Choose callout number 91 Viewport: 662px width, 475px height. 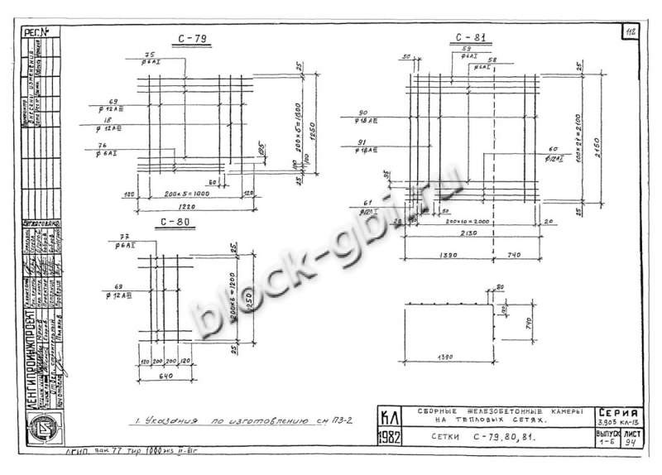(x=361, y=142)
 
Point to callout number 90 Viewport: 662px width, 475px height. (x=362, y=113)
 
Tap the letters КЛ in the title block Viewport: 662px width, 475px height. (x=389, y=415)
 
